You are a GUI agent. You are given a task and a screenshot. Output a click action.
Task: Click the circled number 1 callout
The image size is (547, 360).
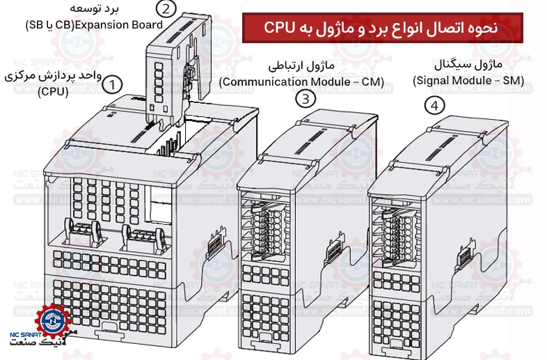(112, 85)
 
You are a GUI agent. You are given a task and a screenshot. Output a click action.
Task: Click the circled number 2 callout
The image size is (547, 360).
(166, 9)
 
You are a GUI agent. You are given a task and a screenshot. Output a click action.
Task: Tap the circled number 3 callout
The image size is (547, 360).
(306, 99)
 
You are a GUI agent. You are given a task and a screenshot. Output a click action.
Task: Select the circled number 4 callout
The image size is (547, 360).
(435, 105)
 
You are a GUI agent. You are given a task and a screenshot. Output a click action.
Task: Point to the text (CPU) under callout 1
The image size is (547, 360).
(53, 92)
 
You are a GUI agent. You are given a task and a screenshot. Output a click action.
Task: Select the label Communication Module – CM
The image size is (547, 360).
(302, 81)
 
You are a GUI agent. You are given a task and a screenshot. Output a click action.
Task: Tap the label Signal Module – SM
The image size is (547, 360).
(468, 81)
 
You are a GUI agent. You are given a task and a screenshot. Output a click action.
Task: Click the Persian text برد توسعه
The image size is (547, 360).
(94, 8)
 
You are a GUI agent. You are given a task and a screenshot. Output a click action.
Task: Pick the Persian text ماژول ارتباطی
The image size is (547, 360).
(301, 65)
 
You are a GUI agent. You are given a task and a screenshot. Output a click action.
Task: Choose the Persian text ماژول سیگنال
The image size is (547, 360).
(468, 64)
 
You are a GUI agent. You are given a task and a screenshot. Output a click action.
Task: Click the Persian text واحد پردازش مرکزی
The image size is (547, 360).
(53, 76)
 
